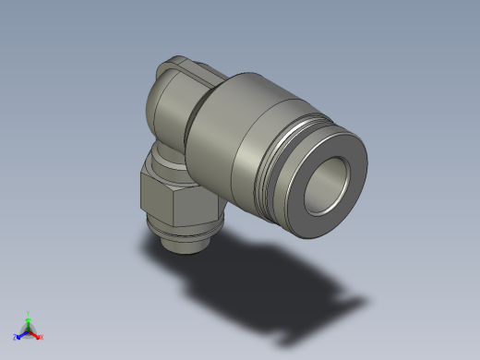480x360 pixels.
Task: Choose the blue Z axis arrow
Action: pos(20,334)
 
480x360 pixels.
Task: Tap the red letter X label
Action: pos(42,337)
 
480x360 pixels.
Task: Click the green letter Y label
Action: pos(28,313)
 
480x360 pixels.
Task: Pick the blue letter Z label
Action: pos(15,337)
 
